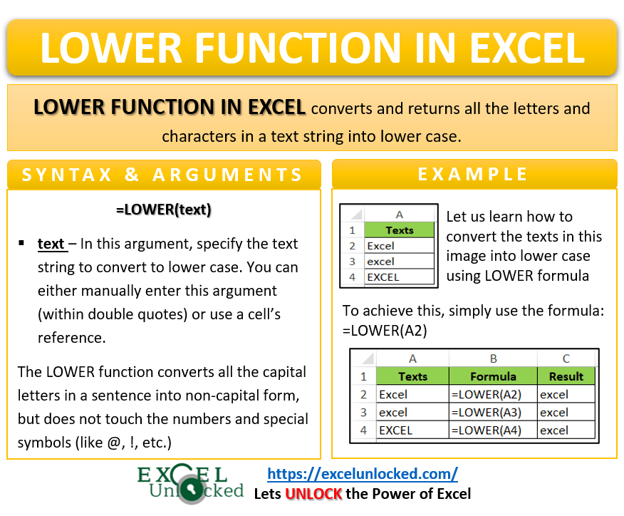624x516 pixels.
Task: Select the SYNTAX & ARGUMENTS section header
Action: click(163, 175)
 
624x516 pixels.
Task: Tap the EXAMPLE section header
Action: click(473, 175)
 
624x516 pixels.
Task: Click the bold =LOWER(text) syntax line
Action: click(164, 210)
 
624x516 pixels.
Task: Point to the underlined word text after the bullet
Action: click(51, 244)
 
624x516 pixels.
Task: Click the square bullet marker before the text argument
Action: click(21, 244)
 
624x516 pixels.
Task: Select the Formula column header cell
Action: click(493, 376)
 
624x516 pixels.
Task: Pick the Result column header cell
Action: click(566, 376)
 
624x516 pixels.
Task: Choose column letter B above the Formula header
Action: click(493, 359)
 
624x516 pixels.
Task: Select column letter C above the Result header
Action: click(566, 359)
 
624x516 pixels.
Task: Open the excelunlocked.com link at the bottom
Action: click(362, 473)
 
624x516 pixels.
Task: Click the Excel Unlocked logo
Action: click(191, 484)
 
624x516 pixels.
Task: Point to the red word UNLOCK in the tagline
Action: click(314, 493)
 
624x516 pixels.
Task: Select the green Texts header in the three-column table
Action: click(412, 376)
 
